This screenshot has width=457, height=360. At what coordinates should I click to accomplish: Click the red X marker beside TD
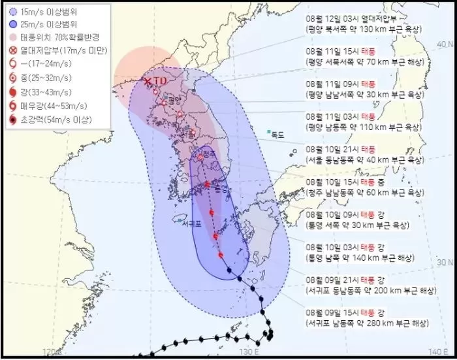(x=148, y=80)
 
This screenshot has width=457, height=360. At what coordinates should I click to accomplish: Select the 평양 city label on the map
(x=173, y=101)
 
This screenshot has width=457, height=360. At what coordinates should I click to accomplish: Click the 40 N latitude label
(x=445, y=44)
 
